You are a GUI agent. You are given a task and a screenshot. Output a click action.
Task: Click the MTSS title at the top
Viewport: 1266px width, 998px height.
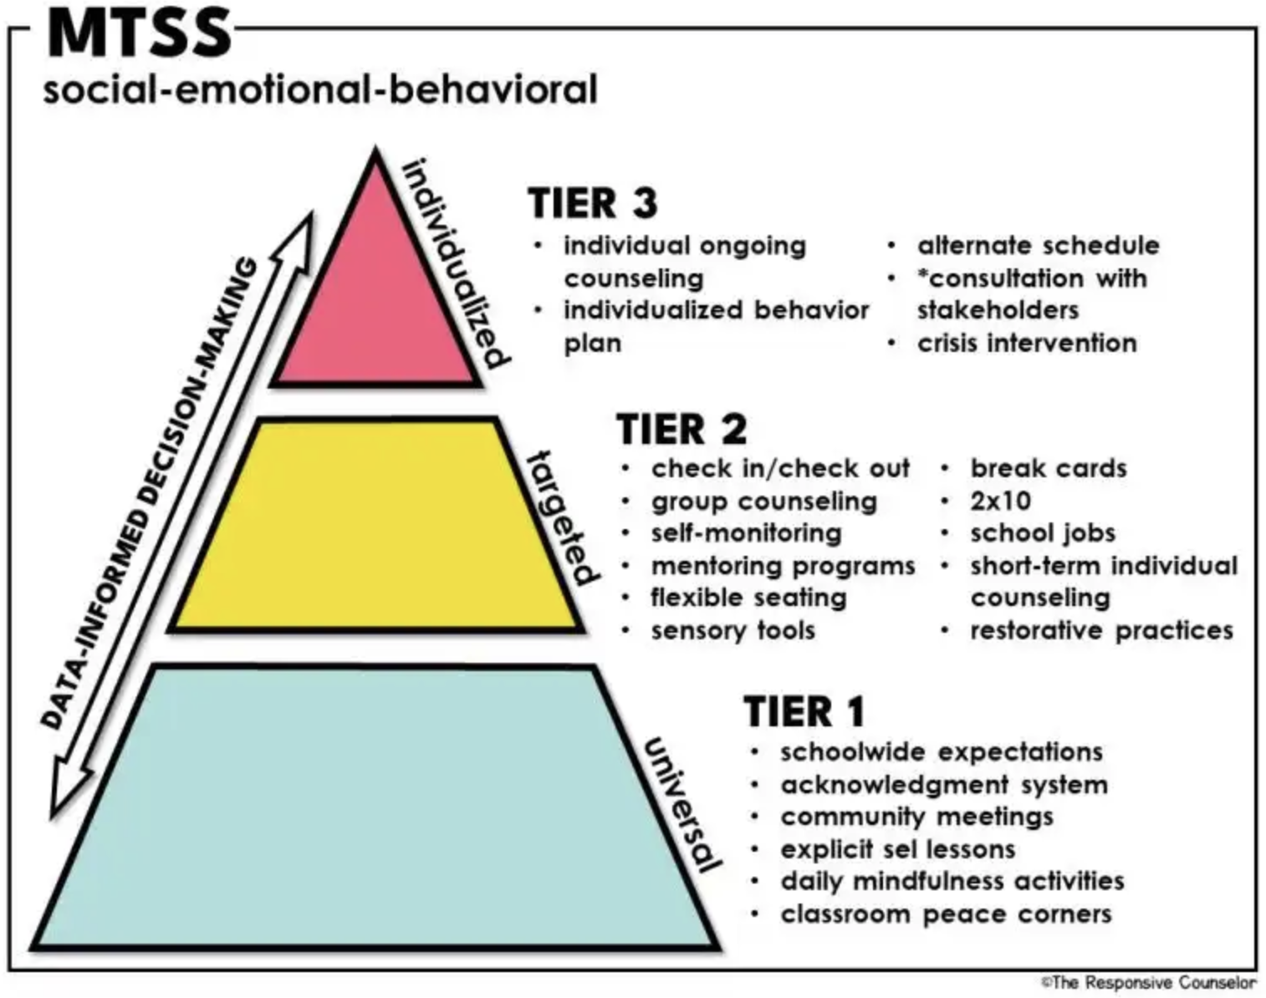(139, 33)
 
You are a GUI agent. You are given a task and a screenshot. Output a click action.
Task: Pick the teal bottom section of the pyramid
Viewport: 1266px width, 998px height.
(375, 807)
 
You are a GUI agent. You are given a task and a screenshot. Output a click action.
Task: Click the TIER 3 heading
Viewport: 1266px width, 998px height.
(593, 203)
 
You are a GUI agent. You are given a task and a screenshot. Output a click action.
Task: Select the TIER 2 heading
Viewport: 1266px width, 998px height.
(681, 430)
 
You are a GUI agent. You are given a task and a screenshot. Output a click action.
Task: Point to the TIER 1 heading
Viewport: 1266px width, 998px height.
(804, 712)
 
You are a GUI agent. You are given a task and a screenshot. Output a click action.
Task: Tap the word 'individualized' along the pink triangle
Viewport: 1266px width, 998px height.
(456, 263)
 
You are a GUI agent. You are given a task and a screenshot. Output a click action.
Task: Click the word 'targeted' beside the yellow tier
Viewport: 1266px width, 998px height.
(564, 518)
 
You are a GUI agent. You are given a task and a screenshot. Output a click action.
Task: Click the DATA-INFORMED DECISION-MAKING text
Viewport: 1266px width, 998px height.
(151, 493)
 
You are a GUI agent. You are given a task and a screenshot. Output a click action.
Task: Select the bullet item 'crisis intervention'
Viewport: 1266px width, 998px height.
(1027, 343)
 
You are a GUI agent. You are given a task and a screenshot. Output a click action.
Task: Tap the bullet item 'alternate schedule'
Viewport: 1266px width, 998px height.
(1038, 246)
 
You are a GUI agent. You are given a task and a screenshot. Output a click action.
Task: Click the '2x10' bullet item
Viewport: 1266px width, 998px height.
(1000, 501)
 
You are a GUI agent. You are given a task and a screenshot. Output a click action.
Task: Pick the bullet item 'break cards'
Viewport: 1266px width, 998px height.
(1048, 468)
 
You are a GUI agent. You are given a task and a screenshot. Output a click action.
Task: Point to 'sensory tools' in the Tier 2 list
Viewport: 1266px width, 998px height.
(733, 630)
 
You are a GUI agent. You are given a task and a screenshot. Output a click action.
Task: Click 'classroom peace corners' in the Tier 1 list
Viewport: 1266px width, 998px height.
(946, 914)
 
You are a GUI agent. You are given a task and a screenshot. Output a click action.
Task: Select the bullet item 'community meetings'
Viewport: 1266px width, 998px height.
(916, 817)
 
